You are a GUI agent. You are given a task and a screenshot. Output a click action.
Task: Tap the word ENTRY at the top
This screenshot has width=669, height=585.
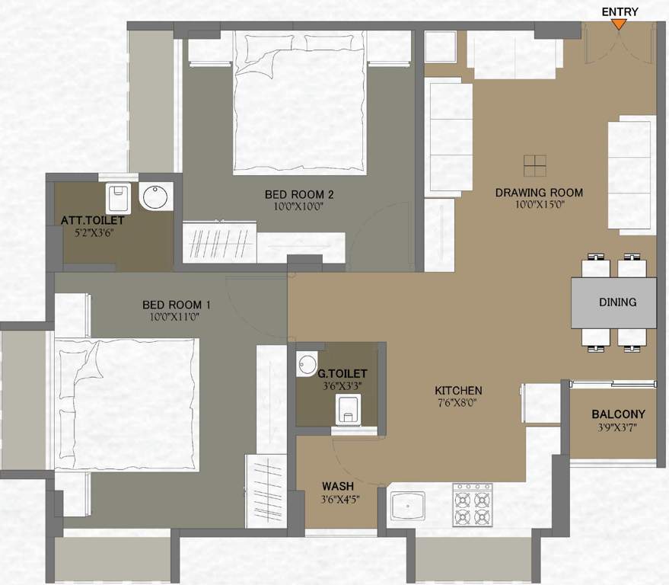[620, 11]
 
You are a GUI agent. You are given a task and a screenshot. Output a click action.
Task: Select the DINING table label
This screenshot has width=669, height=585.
[617, 302]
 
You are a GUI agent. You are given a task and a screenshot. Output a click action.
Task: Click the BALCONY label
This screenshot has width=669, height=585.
[618, 414]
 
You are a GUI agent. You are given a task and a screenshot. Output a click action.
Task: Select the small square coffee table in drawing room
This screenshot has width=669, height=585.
[535, 165]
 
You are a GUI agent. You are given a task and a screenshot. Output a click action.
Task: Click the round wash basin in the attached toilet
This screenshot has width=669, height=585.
[158, 197]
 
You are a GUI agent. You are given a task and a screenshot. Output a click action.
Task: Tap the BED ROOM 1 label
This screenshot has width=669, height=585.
[177, 305]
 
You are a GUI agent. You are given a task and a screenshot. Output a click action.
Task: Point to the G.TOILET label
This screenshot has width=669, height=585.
[342, 373]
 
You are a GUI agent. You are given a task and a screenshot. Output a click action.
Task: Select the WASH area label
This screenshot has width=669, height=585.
[337, 486]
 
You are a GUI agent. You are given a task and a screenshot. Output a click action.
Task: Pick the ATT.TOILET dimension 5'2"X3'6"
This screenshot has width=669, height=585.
[92, 233]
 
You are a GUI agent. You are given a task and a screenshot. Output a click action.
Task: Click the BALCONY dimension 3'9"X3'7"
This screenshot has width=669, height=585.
[618, 427]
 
